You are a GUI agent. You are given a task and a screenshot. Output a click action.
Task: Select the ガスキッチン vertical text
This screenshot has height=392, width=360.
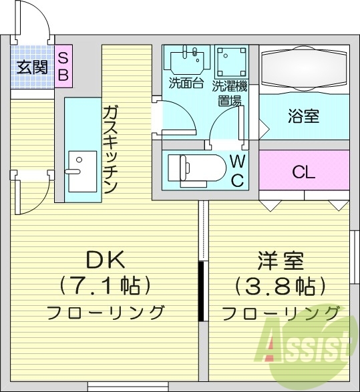pos(111,150)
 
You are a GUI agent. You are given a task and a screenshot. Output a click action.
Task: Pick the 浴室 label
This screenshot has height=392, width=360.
pos(303,117)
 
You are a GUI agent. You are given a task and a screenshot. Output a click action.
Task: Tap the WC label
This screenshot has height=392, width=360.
pos(237,170)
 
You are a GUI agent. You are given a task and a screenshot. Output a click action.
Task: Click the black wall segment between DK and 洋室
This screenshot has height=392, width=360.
pos(200,292)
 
